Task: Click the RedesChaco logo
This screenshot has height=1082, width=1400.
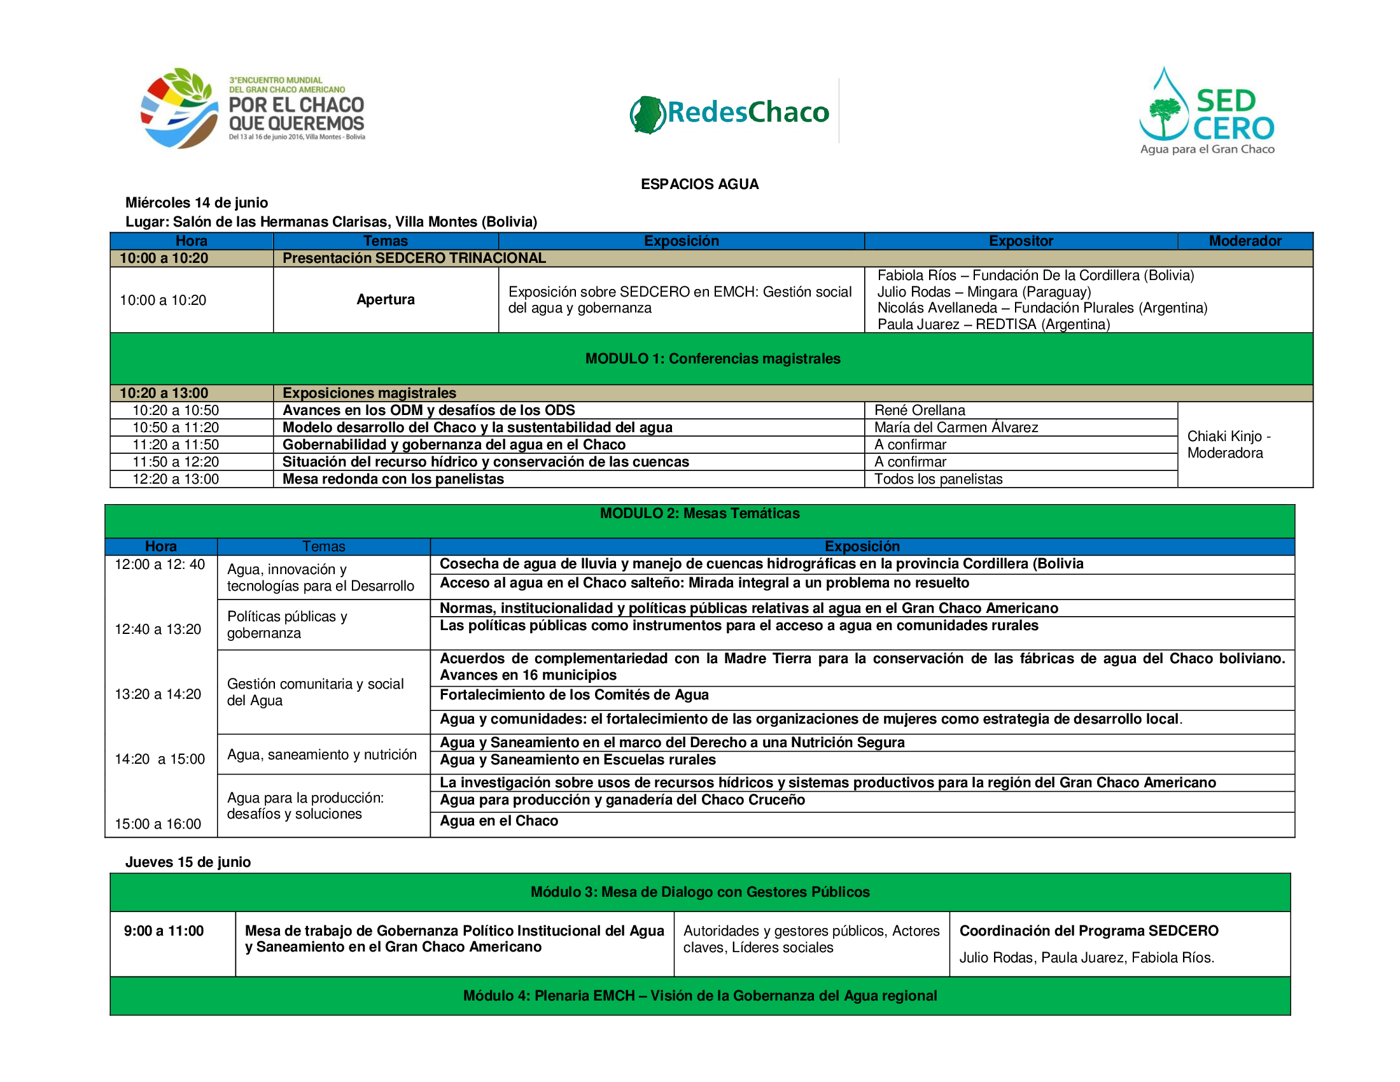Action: click(729, 113)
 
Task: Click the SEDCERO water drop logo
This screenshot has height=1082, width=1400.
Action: click(1207, 110)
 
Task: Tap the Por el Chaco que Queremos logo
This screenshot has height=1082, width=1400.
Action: click(253, 109)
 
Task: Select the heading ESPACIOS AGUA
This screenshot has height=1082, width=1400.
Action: click(699, 185)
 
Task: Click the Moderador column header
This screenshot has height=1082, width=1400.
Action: click(1244, 241)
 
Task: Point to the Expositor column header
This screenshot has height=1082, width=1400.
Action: click(1021, 241)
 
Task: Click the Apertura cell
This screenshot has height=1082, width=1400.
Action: click(385, 299)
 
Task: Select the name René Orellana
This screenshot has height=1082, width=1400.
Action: click(920, 411)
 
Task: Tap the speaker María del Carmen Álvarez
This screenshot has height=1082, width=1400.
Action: click(956, 428)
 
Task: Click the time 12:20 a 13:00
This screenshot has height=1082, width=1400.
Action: click(176, 479)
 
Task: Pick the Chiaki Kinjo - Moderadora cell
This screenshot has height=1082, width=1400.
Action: click(1228, 444)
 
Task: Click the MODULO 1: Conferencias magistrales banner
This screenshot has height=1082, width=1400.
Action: click(712, 358)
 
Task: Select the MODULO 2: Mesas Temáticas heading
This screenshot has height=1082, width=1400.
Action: click(699, 514)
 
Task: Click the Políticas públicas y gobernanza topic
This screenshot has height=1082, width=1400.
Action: click(287, 624)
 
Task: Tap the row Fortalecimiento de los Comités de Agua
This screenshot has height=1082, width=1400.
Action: click(574, 695)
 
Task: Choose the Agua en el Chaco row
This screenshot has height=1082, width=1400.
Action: click(499, 821)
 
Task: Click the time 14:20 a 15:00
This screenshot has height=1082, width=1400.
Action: click(160, 759)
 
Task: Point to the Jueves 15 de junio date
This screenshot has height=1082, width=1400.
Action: click(188, 862)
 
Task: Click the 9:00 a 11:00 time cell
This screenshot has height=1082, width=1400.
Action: click(164, 931)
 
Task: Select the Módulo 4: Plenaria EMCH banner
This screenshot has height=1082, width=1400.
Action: click(699, 995)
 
